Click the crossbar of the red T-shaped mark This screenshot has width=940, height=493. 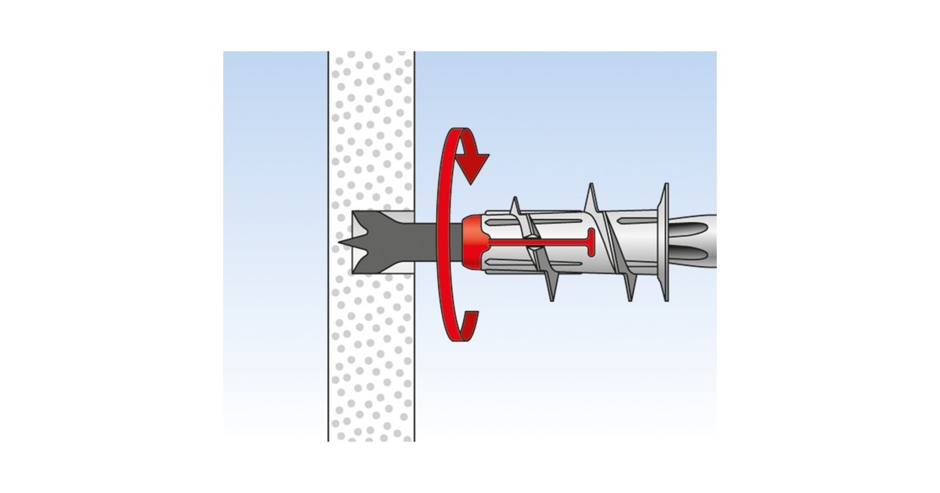coord(590,244)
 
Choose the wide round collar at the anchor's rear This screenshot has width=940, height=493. coord(663,243)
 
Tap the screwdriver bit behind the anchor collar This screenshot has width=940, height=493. coord(693,243)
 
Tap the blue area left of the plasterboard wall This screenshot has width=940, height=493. coord(274,235)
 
